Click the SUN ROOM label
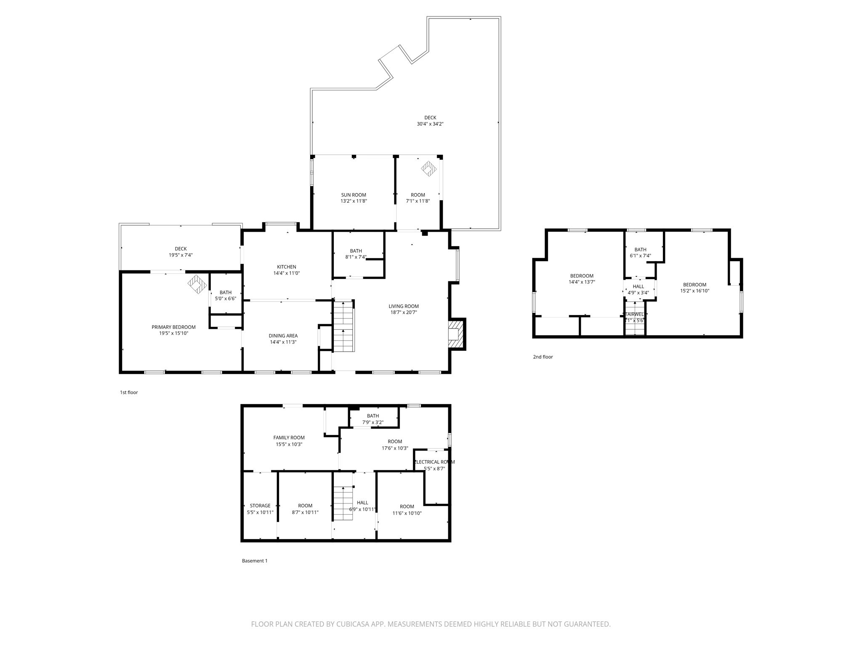[353, 195]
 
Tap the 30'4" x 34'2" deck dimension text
[430, 124]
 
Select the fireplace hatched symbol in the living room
[456, 334]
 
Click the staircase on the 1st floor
[344, 326]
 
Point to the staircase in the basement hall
[343, 503]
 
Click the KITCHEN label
[286, 267]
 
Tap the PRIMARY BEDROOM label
[173, 327]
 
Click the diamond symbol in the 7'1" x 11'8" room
[429, 169]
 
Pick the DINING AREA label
[283, 336]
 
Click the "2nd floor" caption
[543, 357]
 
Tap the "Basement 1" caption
[254, 561]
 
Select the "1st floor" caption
[129, 392]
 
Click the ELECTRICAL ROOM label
[435, 462]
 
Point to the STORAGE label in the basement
[260, 506]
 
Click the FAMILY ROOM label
[289, 437]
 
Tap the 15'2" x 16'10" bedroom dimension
[694, 291]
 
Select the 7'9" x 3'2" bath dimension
[372, 422]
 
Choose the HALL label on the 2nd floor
[638, 286]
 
